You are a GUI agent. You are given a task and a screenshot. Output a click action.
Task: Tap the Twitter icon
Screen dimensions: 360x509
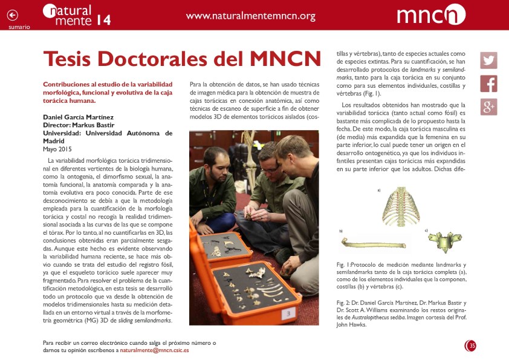pyautogui.click(x=488, y=61)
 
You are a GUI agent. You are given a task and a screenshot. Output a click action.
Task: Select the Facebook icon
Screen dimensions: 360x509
pyautogui.click(x=488, y=83)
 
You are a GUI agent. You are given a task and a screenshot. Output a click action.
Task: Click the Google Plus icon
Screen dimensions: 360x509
pyautogui.click(x=488, y=106)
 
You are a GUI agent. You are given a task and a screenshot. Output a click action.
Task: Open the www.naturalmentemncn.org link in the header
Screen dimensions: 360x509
pyautogui.click(x=251, y=16)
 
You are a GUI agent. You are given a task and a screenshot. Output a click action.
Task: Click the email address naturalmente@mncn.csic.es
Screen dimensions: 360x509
pyautogui.click(x=154, y=350)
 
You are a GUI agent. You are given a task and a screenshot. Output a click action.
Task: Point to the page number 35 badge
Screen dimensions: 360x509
pyautogui.click(x=471, y=345)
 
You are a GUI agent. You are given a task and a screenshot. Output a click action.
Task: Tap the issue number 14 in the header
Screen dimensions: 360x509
pyautogui.click(x=103, y=20)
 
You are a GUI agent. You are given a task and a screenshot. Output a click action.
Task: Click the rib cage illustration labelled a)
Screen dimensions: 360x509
pyautogui.click(x=400, y=206)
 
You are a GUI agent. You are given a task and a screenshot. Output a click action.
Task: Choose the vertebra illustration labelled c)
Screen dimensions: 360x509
pyautogui.click(x=444, y=241)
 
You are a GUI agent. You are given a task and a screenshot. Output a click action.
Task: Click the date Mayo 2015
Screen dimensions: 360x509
pyautogui.click(x=57, y=149)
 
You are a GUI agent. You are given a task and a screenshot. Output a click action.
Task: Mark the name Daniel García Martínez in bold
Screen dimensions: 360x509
pyautogui.click(x=79, y=117)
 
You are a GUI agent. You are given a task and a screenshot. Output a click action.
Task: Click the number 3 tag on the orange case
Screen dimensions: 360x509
pyautogui.click(x=288, y=313)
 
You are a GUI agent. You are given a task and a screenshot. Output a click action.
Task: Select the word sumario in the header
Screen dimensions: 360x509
pyautogui.click(x=19, y=27)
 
